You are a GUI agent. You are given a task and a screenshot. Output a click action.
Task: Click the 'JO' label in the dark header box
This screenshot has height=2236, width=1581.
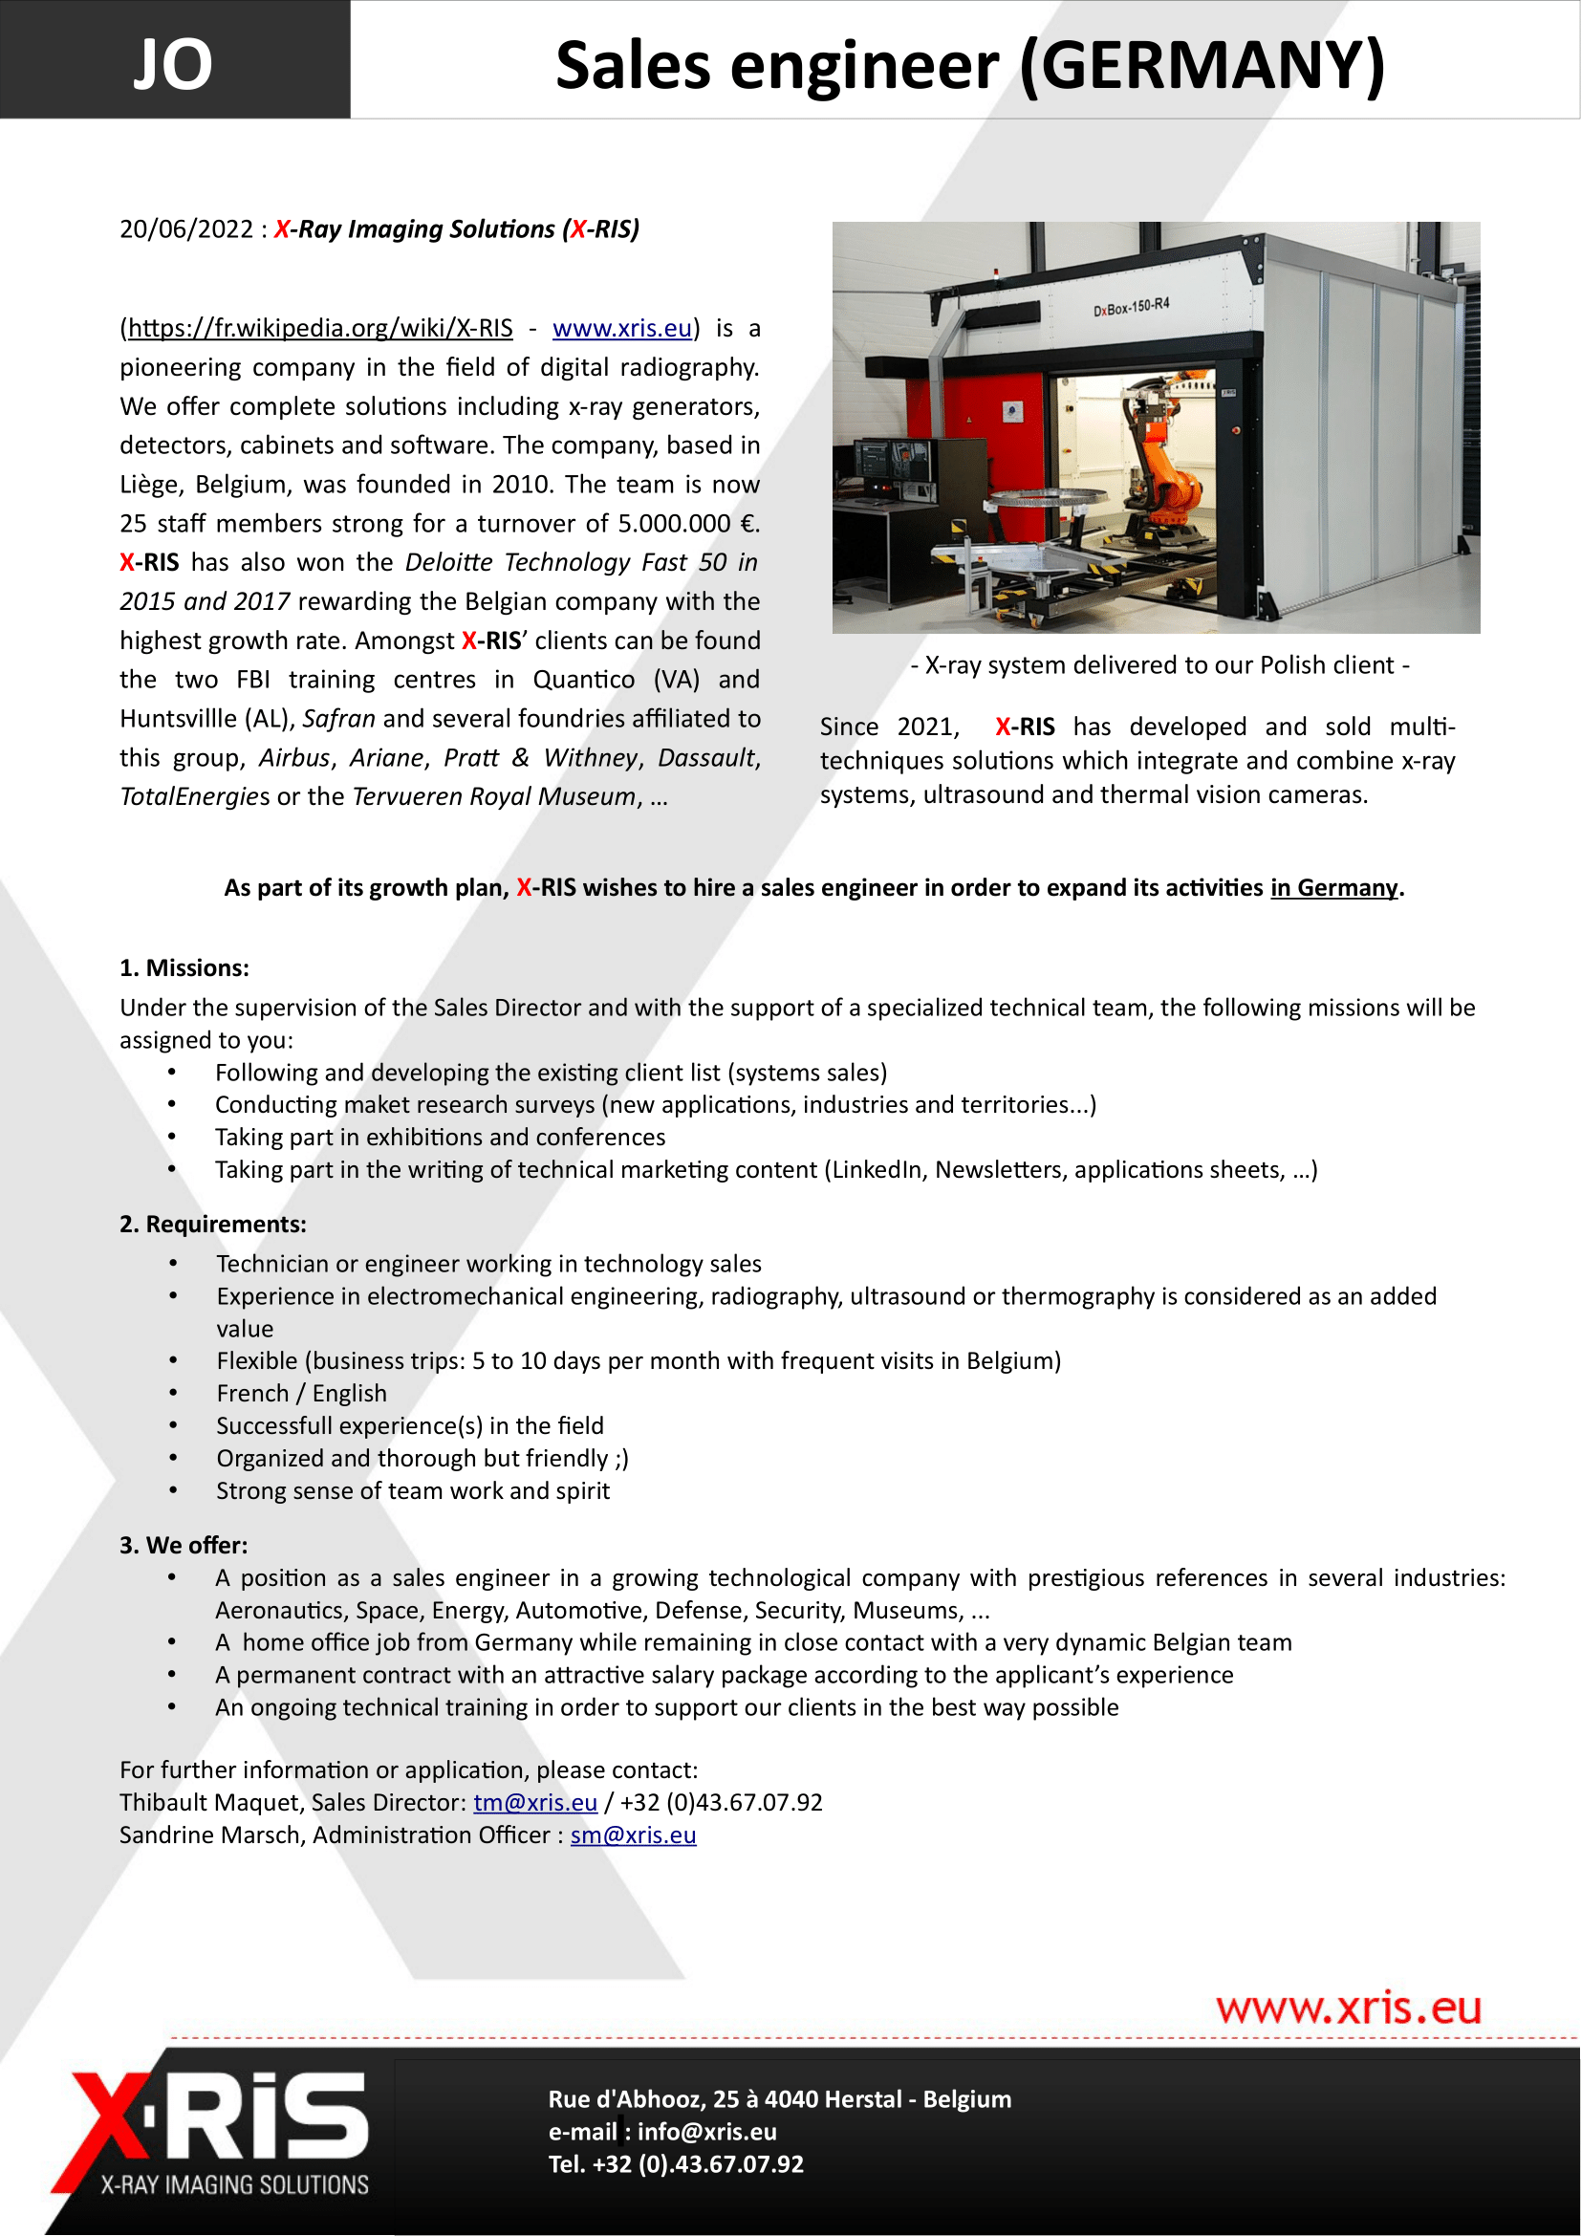coord(172,64)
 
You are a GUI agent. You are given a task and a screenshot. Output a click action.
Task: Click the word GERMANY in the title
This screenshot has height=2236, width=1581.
coord(1202,66)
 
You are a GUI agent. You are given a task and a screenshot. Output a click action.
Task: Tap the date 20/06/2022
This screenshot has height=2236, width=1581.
coord(186,228)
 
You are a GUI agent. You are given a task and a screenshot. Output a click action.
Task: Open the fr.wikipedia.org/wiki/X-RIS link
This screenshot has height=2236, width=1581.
coord(320,328)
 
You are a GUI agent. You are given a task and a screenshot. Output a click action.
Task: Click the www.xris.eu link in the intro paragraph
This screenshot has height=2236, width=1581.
coord(622,328)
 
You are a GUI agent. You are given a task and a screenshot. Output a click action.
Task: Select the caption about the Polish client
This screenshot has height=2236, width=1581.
coord(1159,665)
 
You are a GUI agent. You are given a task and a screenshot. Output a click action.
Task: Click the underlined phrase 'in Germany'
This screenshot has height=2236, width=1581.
coord(1333,888)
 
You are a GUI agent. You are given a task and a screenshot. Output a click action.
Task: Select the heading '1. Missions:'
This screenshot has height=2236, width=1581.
coord(184,968)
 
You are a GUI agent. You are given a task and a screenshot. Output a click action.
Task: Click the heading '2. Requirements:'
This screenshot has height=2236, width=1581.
coord(212,1225)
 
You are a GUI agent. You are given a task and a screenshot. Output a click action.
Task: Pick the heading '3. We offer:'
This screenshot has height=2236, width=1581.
coord(183,1546)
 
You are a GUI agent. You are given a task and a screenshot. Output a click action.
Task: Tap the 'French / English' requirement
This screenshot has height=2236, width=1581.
coord(302,1394)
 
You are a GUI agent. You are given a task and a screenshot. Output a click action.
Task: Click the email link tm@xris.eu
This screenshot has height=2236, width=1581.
coord(535,1803)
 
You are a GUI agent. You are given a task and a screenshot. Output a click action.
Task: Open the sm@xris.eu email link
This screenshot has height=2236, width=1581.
coord(633,1835)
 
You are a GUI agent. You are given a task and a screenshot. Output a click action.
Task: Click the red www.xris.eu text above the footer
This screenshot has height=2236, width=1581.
coord(1349,2009)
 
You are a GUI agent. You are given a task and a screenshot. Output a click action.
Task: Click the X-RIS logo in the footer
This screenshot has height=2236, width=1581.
coord(220,2132)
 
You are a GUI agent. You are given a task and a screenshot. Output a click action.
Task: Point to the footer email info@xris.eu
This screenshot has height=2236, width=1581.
coord(706,2132)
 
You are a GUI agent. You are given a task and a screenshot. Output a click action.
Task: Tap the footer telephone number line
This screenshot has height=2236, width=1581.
coord(676,2165)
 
